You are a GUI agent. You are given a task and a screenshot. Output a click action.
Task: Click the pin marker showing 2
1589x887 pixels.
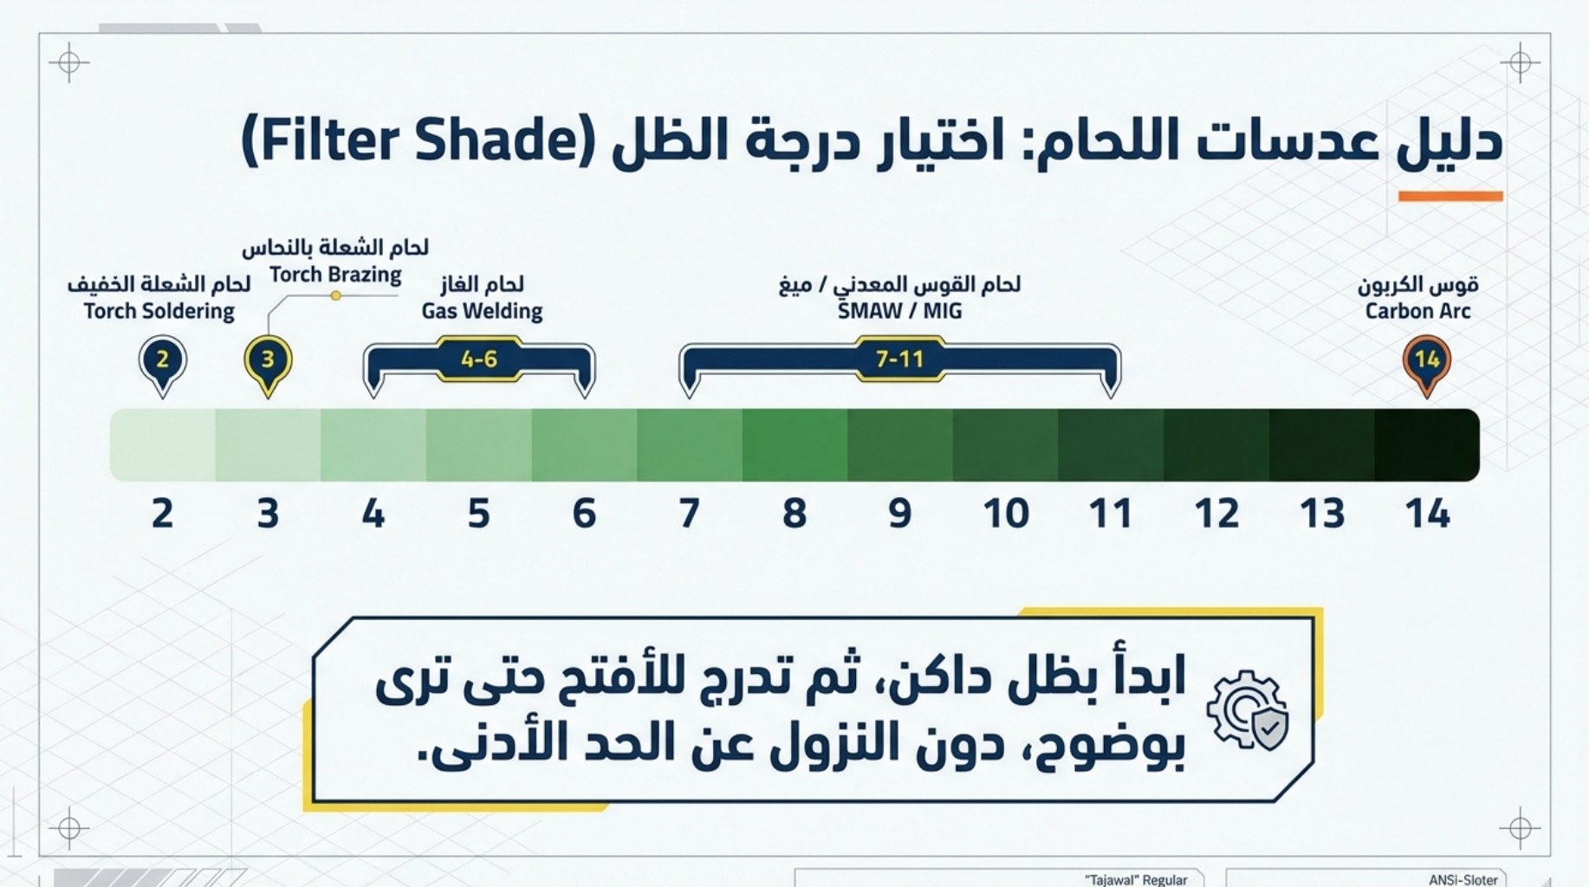pos(162,363)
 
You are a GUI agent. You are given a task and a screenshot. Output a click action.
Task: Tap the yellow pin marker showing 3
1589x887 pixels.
pos(268,363)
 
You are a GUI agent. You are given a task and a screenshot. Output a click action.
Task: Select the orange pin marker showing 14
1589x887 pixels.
pos(1427,363)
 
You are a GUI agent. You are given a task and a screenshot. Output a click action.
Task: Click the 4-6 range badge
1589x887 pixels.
pos(479,359)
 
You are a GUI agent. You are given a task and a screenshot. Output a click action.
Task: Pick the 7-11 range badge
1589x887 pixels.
pos(899,359)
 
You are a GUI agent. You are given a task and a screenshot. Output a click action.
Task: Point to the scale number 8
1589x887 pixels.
pos(794,514)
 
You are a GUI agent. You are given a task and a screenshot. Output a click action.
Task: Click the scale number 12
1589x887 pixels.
pos(1216,514)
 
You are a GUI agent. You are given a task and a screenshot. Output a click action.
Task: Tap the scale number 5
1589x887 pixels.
pos(479,514)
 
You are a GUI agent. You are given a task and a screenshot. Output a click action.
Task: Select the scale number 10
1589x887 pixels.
pos(1006,514)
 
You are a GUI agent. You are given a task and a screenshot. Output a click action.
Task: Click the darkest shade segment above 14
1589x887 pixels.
pos(1427,445)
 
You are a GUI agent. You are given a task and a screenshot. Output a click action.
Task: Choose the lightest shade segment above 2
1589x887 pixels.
pos(162,445)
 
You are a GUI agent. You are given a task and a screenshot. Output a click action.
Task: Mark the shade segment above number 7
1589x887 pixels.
pos(690,445)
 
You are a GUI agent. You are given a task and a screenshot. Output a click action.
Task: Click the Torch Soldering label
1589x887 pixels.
pos(159,311)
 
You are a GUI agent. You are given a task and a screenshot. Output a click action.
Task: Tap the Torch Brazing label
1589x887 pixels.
pos(335,275)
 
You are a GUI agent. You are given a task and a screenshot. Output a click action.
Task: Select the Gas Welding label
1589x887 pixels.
pos(482,311)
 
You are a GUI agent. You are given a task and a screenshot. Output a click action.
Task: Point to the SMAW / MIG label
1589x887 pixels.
pos(899,311)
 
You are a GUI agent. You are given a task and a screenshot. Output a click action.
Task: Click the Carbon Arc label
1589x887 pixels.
pos(1417,311)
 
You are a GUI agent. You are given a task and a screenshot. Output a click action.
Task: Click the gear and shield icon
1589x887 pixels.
pos(1248,710)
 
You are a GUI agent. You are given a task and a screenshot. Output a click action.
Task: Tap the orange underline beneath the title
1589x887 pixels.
pos(1450,197)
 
